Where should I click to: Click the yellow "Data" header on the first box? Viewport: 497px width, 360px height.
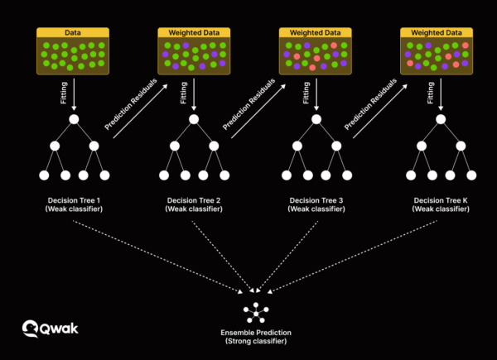point(73,31)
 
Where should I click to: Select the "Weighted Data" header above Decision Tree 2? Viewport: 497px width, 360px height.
point(194,31)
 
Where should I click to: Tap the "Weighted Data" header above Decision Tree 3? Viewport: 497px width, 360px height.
point(315,31)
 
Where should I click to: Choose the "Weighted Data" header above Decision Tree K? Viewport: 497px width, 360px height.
point(436,31)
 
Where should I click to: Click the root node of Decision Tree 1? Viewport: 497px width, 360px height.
point(73,120)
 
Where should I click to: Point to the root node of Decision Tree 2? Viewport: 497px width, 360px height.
point(194,120)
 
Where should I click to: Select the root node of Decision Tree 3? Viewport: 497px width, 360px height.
point(315,120)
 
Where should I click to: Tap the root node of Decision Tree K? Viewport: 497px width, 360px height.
point(436,120)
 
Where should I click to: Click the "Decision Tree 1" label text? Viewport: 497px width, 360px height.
point(73,201)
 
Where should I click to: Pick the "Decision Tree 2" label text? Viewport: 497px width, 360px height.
point(194,201)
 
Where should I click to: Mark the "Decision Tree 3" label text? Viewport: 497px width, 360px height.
point(315,201)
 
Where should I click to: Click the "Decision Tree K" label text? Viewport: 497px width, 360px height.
point(436,201)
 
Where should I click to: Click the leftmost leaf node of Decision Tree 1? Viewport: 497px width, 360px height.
point(44,175)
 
